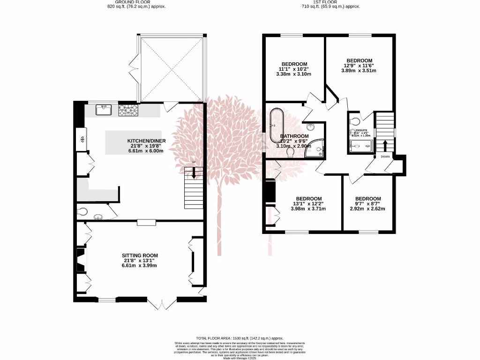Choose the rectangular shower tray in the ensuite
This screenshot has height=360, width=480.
click(360, 146)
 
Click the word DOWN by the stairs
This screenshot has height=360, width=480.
click(385, 157)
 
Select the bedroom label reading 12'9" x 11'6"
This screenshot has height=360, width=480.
click(359, 66)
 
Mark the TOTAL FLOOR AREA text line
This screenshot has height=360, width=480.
click(240, 338)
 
